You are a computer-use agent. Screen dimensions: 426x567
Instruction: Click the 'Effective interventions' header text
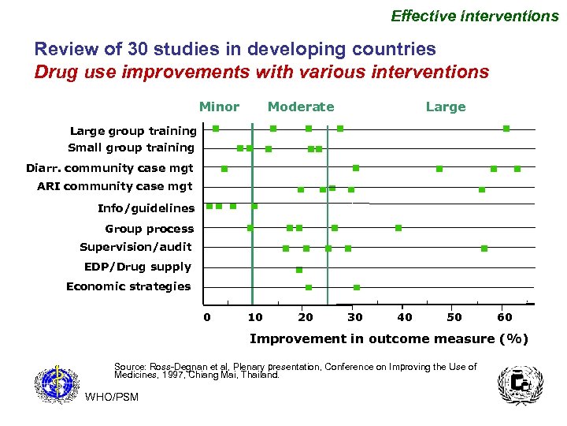[475, 16]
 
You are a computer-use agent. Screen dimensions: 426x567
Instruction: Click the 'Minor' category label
[219, 106]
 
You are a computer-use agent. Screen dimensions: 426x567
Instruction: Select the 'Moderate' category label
[301, 106]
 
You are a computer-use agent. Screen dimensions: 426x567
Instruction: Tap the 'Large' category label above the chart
[446, 106]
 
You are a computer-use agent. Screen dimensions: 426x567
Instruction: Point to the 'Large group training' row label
[132, 131]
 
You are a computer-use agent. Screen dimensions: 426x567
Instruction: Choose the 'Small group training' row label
[131, 148]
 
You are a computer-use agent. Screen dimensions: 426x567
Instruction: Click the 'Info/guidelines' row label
[146, 208]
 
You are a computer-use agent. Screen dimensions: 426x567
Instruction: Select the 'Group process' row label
[149, 229]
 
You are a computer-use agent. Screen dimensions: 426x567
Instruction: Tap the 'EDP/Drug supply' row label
[137, 267]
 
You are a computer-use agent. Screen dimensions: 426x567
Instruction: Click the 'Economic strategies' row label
[128, 286]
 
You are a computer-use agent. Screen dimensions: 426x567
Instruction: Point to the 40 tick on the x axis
[405, 317]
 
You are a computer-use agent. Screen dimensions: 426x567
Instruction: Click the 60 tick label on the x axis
[505, 317]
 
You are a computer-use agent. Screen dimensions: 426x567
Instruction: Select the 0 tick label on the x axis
[206, 317]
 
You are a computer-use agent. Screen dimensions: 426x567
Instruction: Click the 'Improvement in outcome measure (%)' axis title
[389, 339]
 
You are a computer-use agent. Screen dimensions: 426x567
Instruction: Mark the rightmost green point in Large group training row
[506, 128]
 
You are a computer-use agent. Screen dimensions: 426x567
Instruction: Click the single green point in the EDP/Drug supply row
[299, 270]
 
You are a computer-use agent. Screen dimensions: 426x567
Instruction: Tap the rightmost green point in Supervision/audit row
[484, 248]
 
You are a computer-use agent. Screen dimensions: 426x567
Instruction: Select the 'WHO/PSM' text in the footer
[111, 397]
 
